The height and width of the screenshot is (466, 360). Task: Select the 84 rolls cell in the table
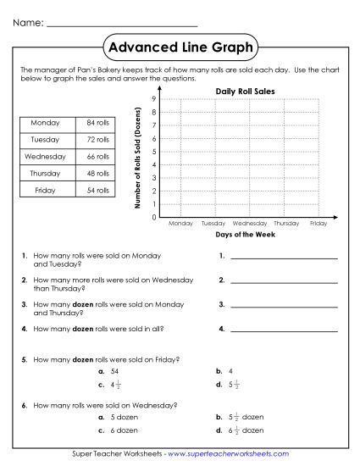pyautogui.click(x=98, y=124)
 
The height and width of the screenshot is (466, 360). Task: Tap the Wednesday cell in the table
pyautogui.click(x=45, y=157)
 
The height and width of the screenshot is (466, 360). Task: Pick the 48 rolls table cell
pyautogui.click(x=98, y=174)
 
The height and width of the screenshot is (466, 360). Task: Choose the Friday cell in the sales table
pyautogui.click(x=45, y=191)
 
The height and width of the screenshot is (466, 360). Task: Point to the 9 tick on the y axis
pyautogui.click(x=152, y=99)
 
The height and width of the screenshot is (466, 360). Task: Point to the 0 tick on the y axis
pyautogui.click(x=152, y=217)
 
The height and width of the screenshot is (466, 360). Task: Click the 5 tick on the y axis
pyautogui.click(x=152, y=152)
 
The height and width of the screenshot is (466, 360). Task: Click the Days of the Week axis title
pyautogui.click(x=246, y=234)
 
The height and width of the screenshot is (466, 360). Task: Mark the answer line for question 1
pyautogui.click(x=283, y=256)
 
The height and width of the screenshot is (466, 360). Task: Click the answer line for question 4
pyautogui.click(x=283, y=329)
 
